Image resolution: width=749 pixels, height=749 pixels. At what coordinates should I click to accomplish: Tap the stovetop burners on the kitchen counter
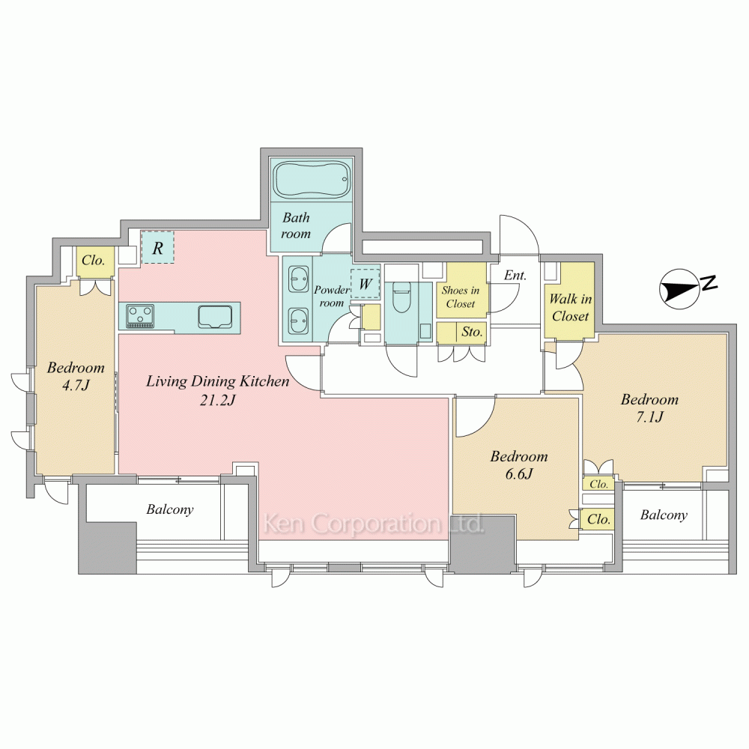coord(141,317)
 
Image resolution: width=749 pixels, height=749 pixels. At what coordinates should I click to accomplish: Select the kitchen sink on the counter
coord(215,317)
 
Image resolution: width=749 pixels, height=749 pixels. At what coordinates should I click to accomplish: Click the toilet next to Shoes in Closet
coord(401,297)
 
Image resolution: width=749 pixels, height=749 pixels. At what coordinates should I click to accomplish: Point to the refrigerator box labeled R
coord(157,247)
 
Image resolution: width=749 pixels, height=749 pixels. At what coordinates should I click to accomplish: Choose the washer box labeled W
coord(366,284)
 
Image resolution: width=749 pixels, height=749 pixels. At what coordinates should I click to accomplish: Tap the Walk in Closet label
coord(570,308)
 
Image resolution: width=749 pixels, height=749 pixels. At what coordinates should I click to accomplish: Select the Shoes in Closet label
coord(461,297)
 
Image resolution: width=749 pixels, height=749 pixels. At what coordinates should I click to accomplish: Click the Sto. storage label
coord(472,332)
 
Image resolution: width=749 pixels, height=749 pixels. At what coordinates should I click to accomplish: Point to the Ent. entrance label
coord(515,275)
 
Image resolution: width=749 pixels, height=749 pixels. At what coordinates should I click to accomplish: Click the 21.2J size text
coord(217,400)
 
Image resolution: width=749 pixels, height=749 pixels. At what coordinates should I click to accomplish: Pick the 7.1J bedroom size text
coord(649,417)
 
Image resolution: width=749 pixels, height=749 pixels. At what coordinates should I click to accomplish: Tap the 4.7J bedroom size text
coord(76,385)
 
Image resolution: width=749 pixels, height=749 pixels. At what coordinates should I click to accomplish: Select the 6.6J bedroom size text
coord(519,474)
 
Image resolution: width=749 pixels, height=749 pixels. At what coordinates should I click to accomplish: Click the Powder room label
coord(332,296)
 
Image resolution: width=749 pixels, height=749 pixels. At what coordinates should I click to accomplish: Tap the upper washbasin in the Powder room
coord(299,279)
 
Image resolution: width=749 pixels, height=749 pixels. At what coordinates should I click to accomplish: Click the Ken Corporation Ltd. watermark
coord(374,524)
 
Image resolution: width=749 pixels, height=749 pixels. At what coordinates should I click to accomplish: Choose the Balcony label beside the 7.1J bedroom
coord(664,515)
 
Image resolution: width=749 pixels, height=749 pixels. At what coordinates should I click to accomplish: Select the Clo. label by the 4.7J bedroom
coord(93,261)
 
